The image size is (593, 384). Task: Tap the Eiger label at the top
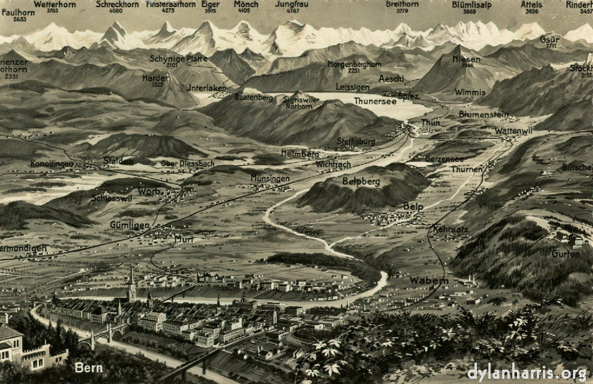click(x=211, y=4)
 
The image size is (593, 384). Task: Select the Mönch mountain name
click(x=246, y=4)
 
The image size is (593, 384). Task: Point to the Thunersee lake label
click(x=375, y=101)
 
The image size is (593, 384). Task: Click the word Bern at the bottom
click(x=88, y=368)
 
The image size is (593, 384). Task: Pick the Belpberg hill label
click(x=361, y=181)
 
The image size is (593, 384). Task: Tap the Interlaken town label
click(x=206, y=88)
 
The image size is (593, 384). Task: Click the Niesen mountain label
click(x=467, y=59)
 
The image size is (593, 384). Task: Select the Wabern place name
click(x=429, y=280)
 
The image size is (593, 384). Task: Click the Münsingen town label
click(x=270, y=178)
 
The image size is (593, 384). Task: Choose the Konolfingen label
click(x=52, y=163)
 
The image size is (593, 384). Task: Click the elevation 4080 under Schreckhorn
click(x=116, y=11)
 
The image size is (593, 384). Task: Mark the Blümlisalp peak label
click(x=471, y=4)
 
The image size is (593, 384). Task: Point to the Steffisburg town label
click(x=356, y=141)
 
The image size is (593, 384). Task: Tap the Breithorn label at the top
click(x=402, y=4)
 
